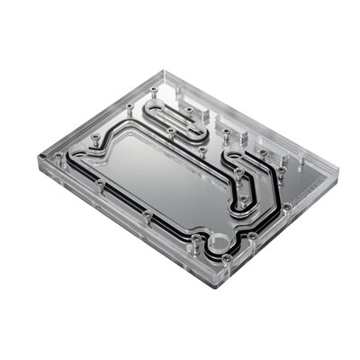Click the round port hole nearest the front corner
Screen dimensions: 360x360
point(219,243)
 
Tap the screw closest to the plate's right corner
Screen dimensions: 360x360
point(286,208)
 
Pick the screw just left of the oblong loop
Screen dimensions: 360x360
point(130,107)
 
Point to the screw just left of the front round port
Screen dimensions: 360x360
point(196,238)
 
